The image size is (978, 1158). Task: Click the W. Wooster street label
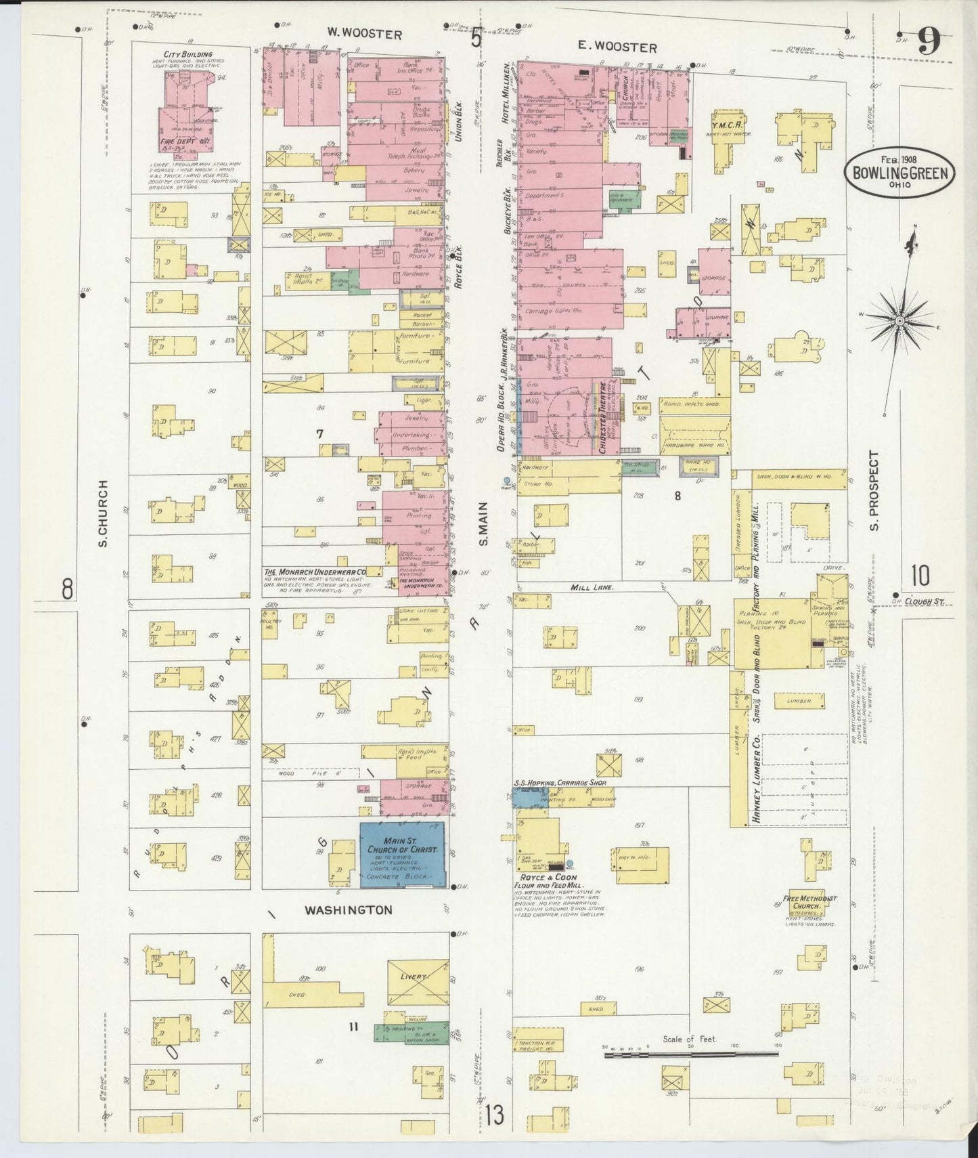pos(364,34)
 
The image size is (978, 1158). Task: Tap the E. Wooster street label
pos(617,47)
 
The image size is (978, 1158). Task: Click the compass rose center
pos(899,320)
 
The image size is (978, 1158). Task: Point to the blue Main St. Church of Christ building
pos(402,855)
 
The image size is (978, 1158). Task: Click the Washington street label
pos(348,909)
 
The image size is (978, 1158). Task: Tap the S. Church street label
pos(104,513)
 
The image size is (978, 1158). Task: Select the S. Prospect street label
pos(874,491)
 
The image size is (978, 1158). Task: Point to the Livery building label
pos(414,977)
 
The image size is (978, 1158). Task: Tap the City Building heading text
pos(187,54)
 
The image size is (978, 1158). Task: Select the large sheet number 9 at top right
pos(929,44)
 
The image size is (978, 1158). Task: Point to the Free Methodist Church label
pos(809,902)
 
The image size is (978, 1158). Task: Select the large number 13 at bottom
pos(495,1113)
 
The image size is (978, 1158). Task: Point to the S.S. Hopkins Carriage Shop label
pos(560,781)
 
